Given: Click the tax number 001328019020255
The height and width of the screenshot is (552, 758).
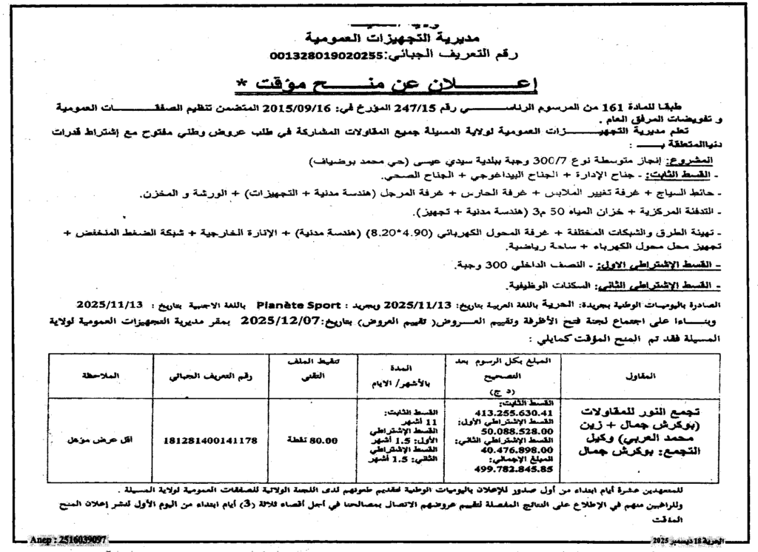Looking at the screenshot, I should click(x=321, y=55).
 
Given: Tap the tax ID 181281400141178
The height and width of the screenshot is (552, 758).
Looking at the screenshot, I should click(x=210, y=440).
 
